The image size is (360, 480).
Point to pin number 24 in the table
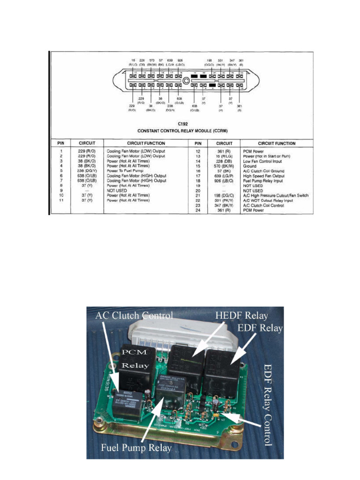coord(198,210)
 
